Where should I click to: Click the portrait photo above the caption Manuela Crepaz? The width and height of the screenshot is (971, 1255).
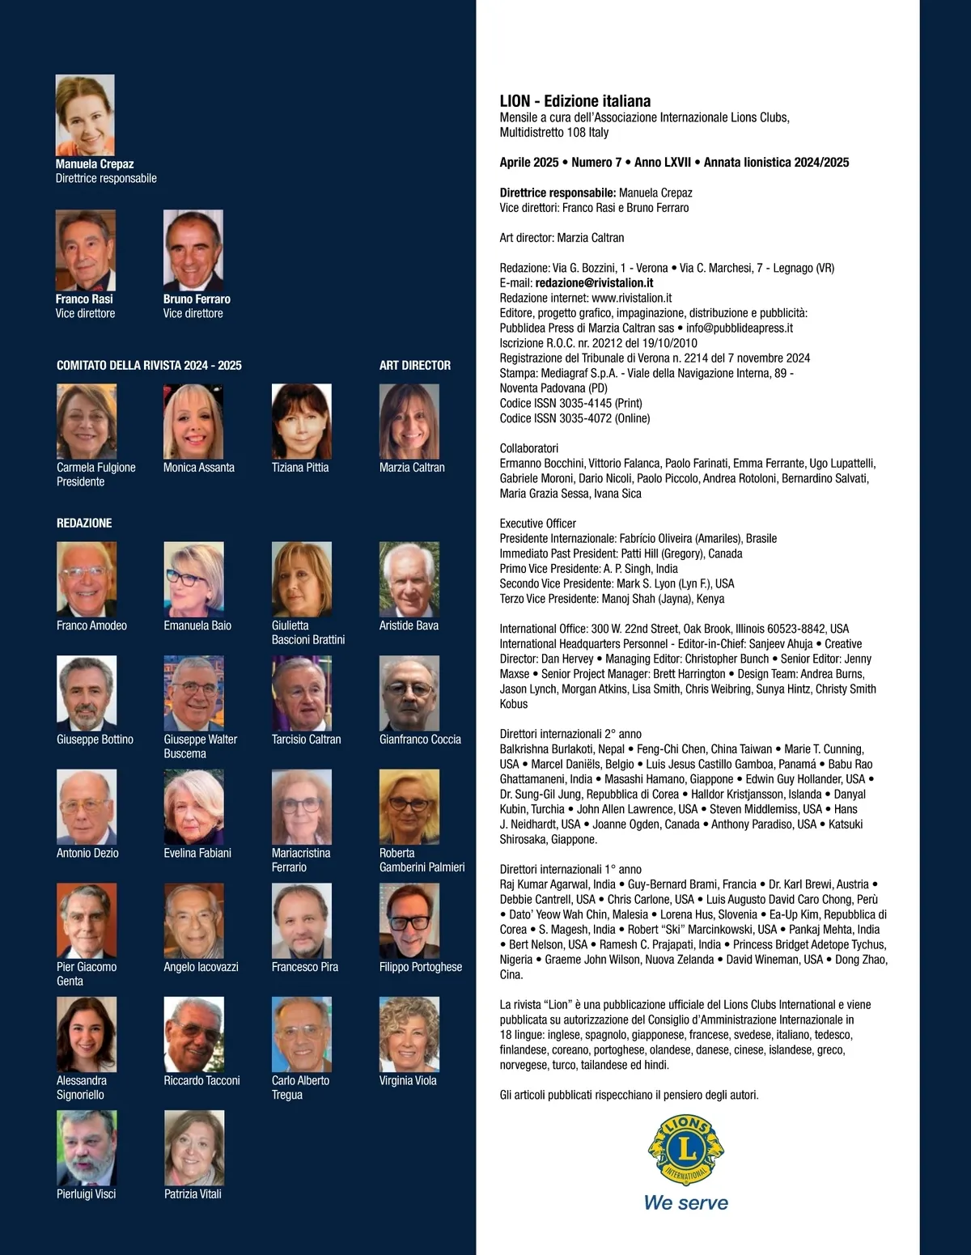85,115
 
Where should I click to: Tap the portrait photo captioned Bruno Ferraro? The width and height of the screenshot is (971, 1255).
193,250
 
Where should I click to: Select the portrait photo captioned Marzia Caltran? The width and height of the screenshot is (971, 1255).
409,422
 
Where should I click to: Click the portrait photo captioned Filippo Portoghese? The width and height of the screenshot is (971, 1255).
409,921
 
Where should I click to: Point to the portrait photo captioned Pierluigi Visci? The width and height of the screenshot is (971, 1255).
87,1147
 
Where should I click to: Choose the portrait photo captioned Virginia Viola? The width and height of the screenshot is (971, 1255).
409,1034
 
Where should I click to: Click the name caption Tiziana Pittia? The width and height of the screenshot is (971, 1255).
300,468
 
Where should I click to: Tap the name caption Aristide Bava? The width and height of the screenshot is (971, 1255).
409,625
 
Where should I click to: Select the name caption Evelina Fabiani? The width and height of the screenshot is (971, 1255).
197,853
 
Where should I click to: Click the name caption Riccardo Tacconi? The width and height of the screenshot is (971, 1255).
201,1080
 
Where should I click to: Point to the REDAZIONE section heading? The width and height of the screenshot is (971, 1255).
84,523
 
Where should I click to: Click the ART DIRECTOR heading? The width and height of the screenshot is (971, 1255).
415,366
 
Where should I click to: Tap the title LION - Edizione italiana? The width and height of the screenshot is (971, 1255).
575,101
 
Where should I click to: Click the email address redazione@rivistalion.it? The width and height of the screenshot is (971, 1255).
594,283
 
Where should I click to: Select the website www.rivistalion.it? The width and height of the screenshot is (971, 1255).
631,298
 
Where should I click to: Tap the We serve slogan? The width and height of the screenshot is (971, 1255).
685,1202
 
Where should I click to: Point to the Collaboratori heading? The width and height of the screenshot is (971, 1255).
529,448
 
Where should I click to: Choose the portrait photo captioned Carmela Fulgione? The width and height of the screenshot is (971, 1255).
87,422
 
